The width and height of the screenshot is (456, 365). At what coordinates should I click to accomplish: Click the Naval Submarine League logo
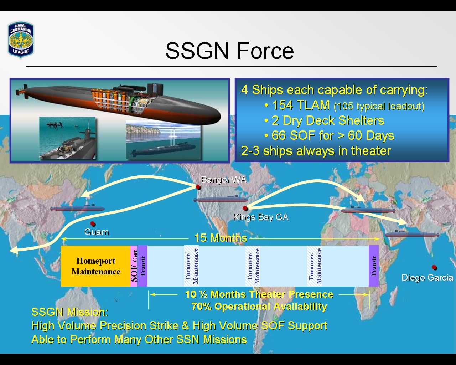coord(21,40)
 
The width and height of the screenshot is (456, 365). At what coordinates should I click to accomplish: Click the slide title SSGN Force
coord(230,51)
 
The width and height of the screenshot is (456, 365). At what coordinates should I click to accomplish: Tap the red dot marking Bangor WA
coord(198,187)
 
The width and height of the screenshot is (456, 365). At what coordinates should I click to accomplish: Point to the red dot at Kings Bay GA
coord(245,208)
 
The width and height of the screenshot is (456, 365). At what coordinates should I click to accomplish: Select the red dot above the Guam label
coord(93,224)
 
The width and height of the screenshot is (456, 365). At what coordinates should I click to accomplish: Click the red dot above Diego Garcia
coord(434,267)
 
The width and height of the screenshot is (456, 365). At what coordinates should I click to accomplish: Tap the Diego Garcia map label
coord(427,278)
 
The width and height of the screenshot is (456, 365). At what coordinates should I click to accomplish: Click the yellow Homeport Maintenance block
coord(95,266)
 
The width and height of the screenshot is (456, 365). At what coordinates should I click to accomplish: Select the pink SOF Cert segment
coord(134,266)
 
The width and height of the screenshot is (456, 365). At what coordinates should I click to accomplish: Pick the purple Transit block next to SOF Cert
coord(142,266)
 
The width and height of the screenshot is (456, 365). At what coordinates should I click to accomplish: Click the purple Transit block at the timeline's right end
coord(374,266)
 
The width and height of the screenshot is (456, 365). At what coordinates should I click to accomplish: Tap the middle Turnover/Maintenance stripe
coord(253,266)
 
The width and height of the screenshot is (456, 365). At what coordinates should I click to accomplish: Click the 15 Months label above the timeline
coord(221,238)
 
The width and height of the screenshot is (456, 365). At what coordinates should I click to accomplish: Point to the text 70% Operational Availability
coord(259,307)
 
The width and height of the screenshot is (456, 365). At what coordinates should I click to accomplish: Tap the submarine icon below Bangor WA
coord(221,199)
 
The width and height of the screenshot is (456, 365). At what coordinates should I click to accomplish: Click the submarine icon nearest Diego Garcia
coord(412,234)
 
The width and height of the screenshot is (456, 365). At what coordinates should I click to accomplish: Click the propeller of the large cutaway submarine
coord(19,92)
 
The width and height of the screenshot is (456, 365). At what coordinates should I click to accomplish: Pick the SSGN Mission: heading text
coord(70,312)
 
